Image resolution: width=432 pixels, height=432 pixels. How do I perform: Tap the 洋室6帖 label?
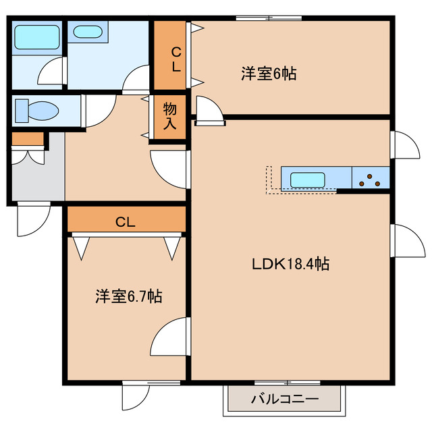[268, 74]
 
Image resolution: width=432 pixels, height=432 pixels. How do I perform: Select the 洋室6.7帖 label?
[128, 296]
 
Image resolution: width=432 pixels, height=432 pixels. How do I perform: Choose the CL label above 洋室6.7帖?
[125, 221]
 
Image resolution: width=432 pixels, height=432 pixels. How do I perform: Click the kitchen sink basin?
[308, 180]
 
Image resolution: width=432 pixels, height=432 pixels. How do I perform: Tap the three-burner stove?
[371, 180]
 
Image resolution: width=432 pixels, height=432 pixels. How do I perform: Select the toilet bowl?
[37, 109]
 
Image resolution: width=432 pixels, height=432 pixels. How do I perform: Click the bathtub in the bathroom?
[37, 36]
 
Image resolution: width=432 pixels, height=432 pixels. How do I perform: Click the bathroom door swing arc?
[51, 71]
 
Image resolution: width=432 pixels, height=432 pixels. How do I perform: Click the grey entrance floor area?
[37, 179]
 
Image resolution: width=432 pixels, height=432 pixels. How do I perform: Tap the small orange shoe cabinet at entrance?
[28, 140]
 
